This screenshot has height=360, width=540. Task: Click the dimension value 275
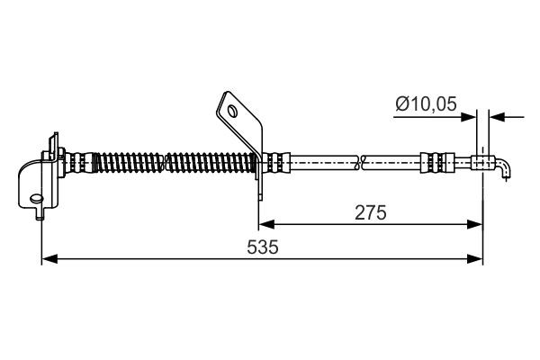[370, 213]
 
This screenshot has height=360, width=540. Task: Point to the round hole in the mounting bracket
[233, 112]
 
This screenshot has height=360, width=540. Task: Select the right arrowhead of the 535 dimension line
[477, 259]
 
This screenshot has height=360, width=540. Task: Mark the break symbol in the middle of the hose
[361, 163]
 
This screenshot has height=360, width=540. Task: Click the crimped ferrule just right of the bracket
[279, 163]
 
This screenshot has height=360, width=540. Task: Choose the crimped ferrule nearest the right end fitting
[433, 163]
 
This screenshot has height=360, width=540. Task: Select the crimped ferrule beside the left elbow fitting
[80, 163]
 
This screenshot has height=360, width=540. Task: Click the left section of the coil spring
[125, 163]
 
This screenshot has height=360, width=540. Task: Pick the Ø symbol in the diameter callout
[401, 105]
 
